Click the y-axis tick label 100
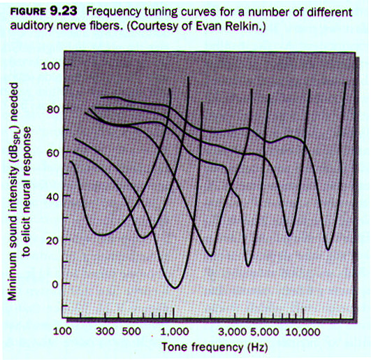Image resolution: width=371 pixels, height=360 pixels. tap(51, 65)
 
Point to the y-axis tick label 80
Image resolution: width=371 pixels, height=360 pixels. tap(53, 110)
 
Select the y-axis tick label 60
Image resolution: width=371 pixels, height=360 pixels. tap(53, 153)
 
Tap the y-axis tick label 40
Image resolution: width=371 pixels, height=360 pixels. tap(53, 197)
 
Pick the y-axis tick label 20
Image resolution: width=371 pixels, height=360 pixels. tap(53, 240)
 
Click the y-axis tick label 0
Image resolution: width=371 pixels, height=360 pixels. tap(56, 284)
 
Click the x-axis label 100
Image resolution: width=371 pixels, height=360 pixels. tap(62, 331)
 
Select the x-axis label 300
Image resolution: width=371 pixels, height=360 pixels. tap(106, 331)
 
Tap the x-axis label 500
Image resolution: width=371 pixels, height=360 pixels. tap(131, 331)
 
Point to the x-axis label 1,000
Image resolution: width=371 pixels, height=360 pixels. tap(175, 331)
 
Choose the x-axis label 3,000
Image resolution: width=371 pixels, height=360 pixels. tap(233, 332)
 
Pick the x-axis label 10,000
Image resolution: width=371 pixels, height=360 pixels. tap(303, 332)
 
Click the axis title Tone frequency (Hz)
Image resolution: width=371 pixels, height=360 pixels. tap(214, 347)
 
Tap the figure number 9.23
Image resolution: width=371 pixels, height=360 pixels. tap(64, 11)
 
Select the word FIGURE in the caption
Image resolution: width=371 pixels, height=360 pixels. tap(28, 12)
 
